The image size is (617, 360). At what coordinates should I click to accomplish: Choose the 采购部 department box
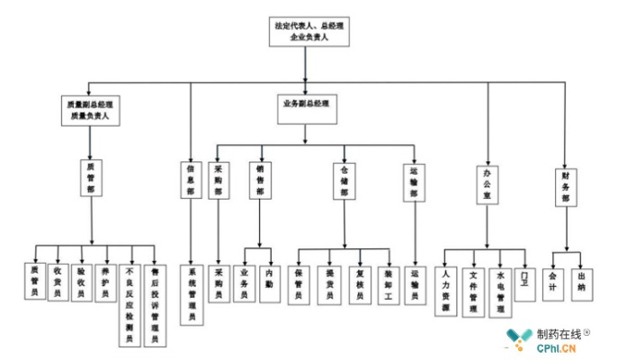[219, 179]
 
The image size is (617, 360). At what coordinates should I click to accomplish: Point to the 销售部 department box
[260, 179]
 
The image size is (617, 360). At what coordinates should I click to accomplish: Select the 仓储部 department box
[344, 179]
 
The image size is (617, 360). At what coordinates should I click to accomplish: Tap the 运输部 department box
[415, 179]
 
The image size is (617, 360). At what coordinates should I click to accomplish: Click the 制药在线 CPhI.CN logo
[550, 338]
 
